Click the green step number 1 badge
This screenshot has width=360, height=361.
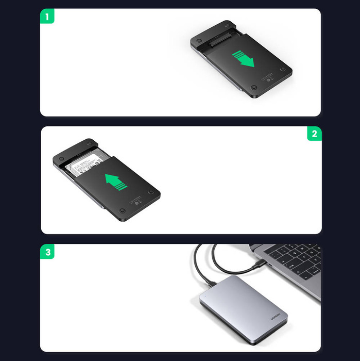point(47,17)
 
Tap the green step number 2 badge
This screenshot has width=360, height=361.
point(314,134)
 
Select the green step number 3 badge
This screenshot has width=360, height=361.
point(48,252)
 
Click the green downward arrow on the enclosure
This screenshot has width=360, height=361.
point(243,58)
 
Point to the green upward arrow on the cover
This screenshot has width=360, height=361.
point(116,182)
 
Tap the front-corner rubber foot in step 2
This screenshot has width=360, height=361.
point(122,210)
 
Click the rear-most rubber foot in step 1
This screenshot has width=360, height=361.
point(226,24)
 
